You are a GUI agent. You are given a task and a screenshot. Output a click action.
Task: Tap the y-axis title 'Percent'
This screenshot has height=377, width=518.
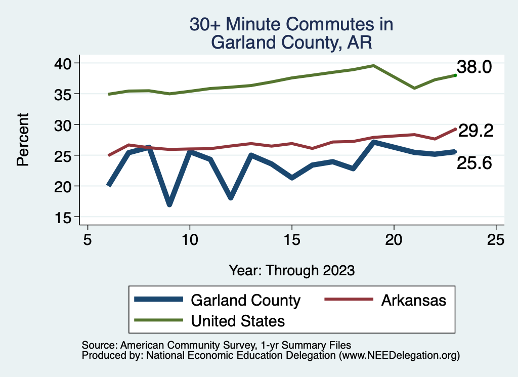point(23,139)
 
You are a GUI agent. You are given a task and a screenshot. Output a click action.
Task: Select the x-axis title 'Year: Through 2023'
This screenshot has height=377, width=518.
point(291,270)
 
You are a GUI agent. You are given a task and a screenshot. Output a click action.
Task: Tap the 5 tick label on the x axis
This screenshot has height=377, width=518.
point(88,240)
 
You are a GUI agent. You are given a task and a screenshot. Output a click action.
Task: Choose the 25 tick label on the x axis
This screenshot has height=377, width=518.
point(496,240)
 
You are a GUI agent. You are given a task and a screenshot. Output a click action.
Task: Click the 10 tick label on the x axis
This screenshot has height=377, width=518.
point(190,240)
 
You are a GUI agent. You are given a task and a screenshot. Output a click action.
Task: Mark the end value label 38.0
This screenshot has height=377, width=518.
point(474,67)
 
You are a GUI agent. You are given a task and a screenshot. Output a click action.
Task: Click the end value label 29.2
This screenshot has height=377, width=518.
point(476,131)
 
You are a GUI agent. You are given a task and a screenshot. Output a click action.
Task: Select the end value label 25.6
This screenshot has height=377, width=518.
point(474,163)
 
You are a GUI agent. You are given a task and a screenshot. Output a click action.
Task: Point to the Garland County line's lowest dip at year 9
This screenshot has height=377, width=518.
point(169,204)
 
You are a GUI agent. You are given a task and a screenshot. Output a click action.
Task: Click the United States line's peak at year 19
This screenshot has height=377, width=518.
point(373,65)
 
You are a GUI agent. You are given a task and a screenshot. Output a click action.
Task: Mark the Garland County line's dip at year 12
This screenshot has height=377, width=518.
point(231,197)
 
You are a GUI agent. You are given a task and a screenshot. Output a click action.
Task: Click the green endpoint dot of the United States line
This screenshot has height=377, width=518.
point(455,75)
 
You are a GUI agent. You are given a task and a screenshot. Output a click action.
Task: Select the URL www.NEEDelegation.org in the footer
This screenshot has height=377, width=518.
point(399,355)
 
